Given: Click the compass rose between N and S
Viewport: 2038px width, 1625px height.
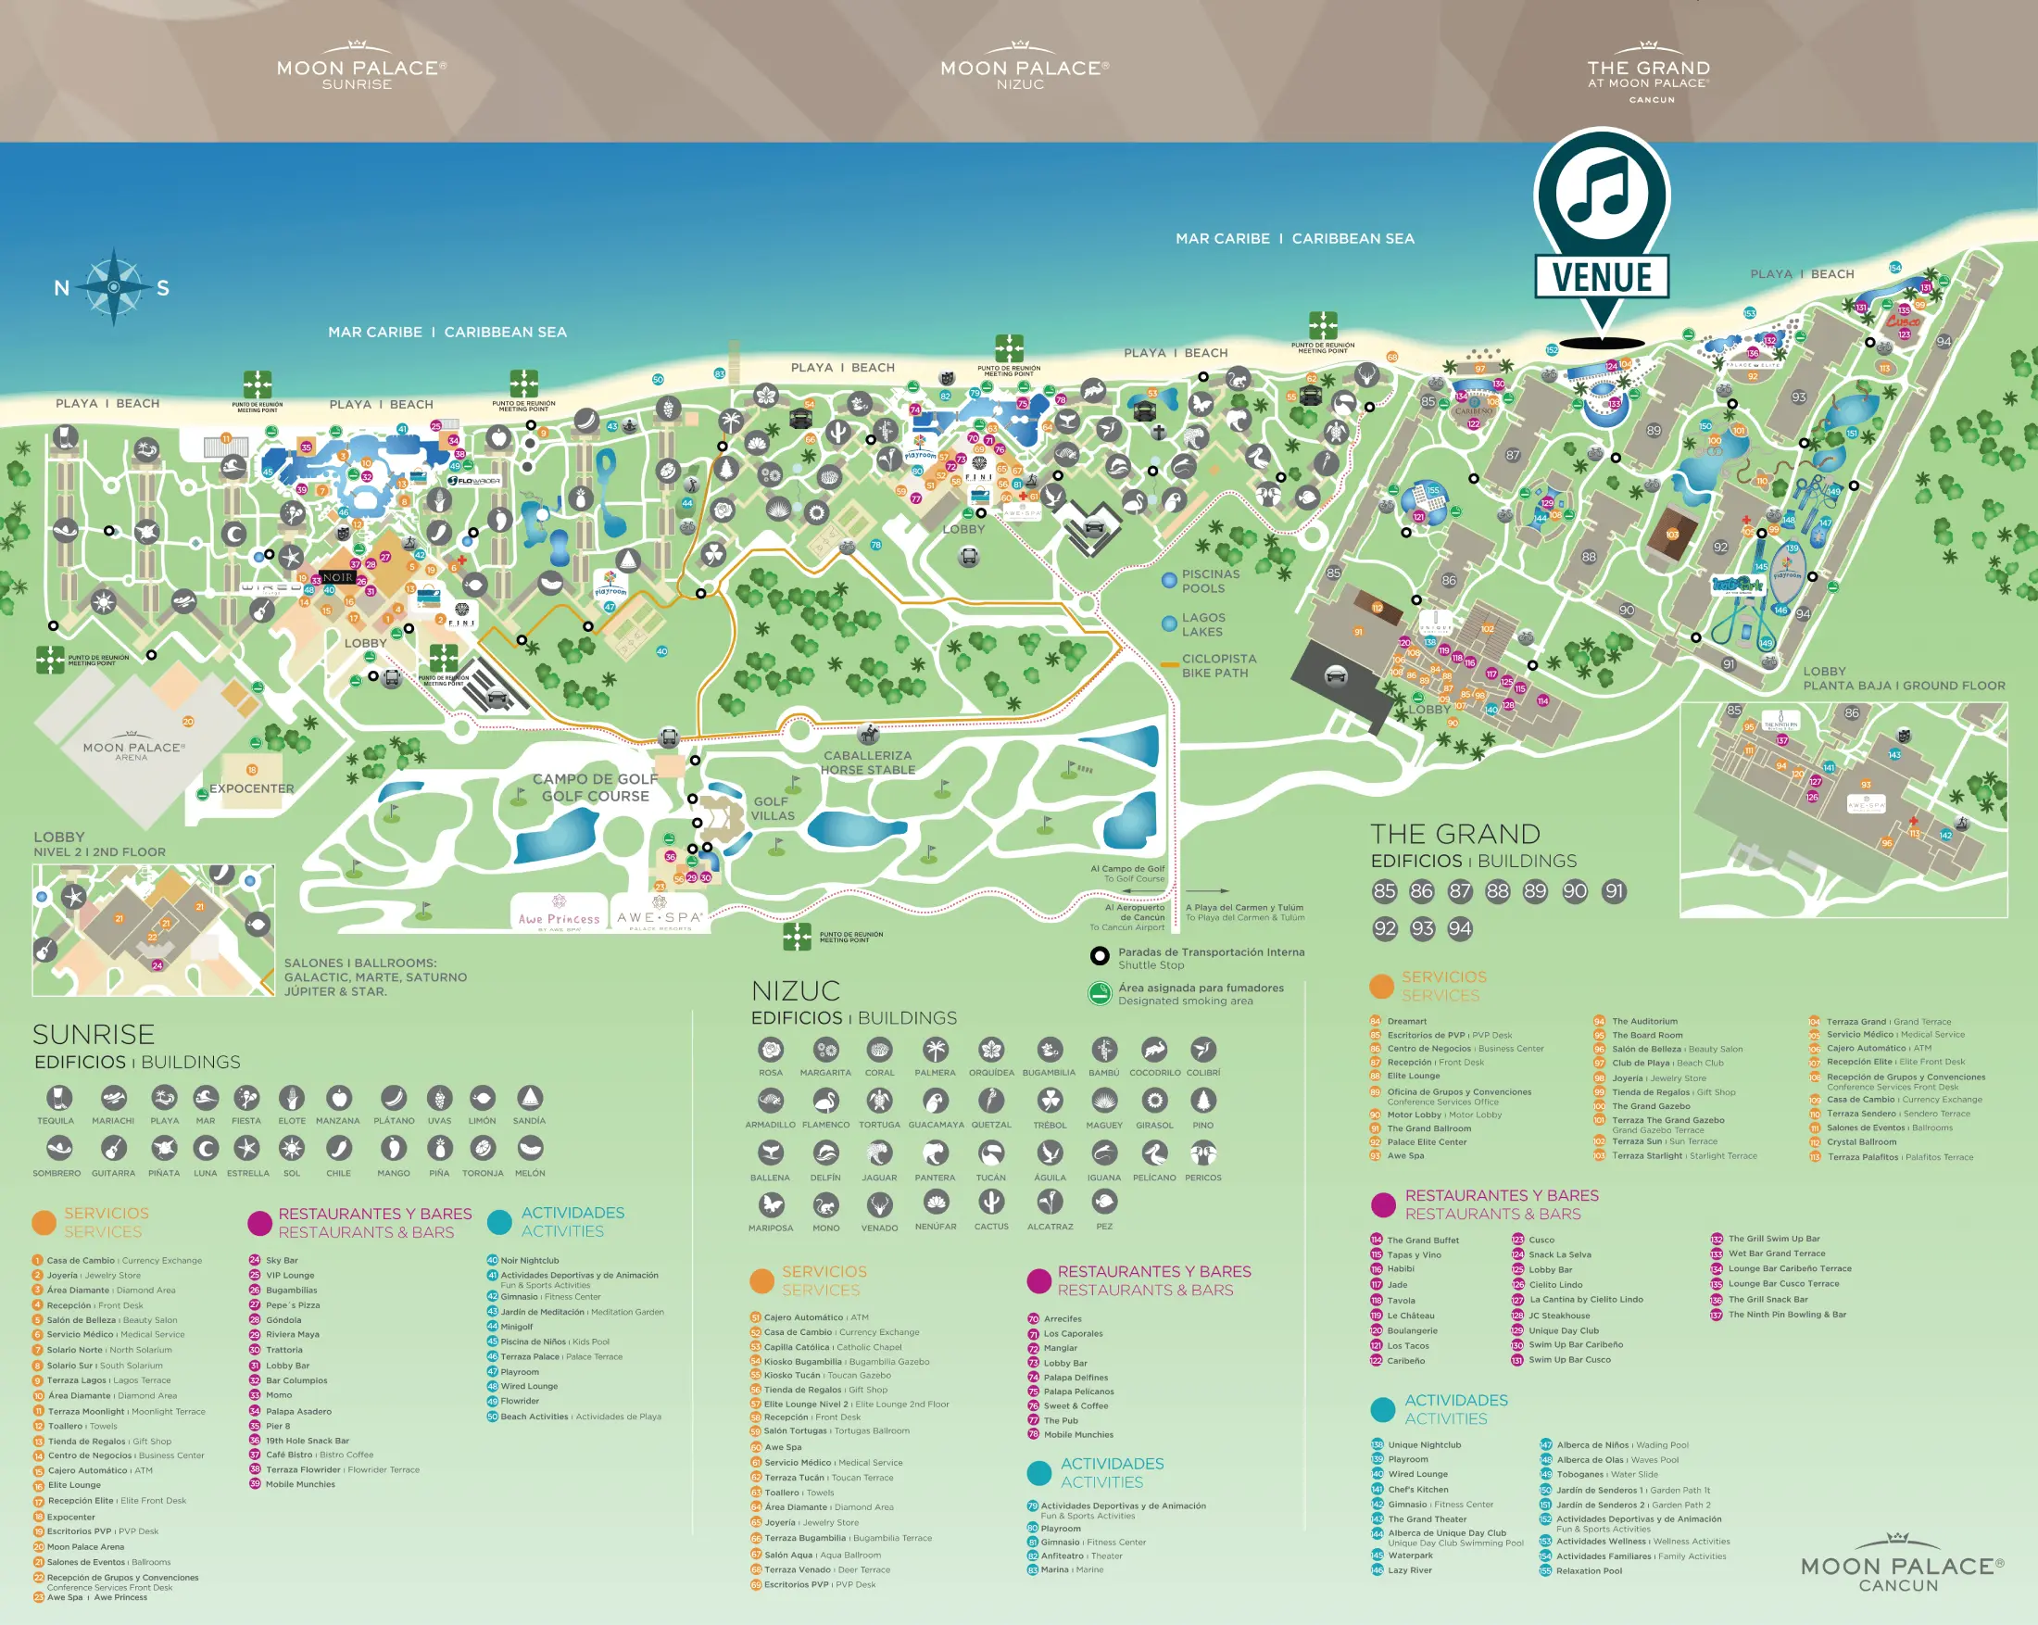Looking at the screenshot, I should pyautogui.click(x=113, y=285).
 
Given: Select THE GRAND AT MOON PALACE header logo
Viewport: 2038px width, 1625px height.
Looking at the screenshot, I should pyautogui.click(x=1649, y=75).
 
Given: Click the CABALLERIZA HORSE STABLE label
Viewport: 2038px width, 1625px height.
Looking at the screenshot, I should pyautogui.click(x=867, y=762).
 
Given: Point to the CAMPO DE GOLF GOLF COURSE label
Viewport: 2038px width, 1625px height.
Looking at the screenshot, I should pyautogui.click(x=595, y=787).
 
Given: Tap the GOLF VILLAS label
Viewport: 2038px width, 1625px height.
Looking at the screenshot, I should pyautogui.click(x=773, y=808).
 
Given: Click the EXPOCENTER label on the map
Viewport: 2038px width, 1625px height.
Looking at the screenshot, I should pyautogui.click(x=251, y=788).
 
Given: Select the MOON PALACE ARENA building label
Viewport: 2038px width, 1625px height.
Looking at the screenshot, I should pyautogui.click(x=133, y=750).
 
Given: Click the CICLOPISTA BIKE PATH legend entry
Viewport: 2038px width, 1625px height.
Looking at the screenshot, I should pyautogui.click(x=1218, y=665).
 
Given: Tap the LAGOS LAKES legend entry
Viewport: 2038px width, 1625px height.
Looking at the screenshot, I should pyautogui.click(x=1201, y=624).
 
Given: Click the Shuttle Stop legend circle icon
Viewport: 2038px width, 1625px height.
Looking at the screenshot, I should pyautogui.click(x=1100, y=956).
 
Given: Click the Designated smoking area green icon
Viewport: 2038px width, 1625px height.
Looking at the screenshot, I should pyautogui.click(x=1100, y=993).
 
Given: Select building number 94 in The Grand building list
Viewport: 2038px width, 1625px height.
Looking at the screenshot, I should pyautogui.click(x=1460, y=928).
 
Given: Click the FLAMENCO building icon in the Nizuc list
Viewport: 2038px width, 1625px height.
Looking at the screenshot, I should pyautogui.click(x=825, y=1102).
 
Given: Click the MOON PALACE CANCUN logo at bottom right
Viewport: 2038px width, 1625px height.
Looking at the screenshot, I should pyautogui.click(x=1901, y=1572).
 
